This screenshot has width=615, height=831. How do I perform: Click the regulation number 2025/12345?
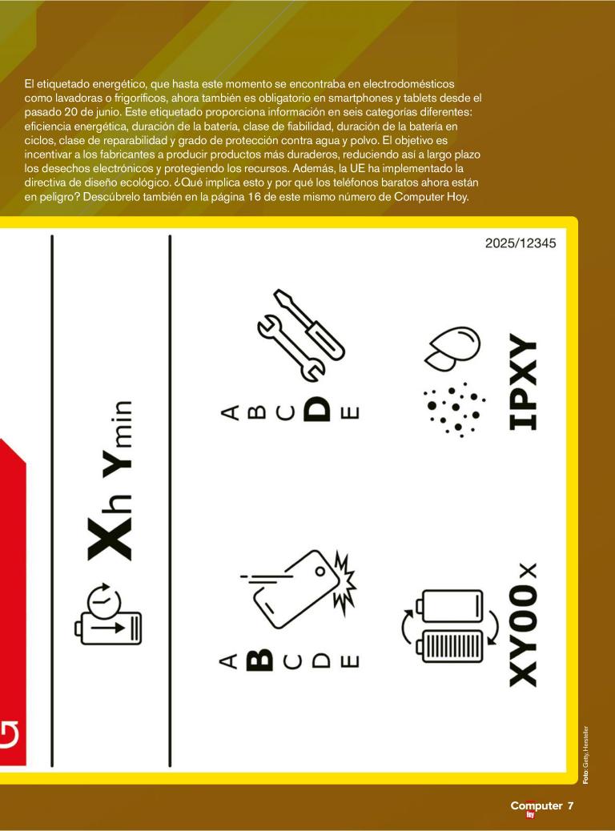coord(521,243)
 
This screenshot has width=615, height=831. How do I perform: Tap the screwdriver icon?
coord(310,324)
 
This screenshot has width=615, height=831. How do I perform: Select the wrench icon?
coord(291,347)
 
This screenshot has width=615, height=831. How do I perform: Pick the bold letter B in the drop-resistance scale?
coord(259,660)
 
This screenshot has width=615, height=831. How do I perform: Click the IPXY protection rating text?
coord(523,381)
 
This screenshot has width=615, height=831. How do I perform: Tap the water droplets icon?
coord(452,347)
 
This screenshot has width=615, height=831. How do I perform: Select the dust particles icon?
coord(454,410)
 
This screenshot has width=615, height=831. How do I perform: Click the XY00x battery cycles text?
coord(524,625)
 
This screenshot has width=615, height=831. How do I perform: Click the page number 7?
coord(570,805)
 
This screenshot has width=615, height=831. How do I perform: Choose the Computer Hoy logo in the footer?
coord(537,809)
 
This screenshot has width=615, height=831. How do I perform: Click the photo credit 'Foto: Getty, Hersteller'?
coord(585,755)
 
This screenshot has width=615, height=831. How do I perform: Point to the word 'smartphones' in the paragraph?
coord(358,98)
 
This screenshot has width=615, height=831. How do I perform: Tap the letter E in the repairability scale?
coord(351,412)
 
